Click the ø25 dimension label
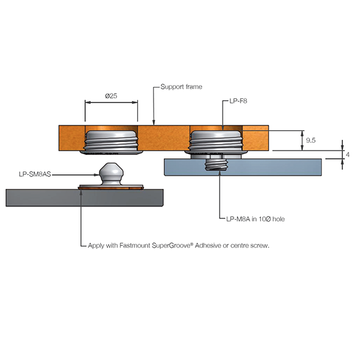click(110, 95)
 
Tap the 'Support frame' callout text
click(181, 87)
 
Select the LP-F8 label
click(239, 102)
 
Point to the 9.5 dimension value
click(311, 140)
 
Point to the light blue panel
click(270, 166)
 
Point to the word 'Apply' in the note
click(97, 245)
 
